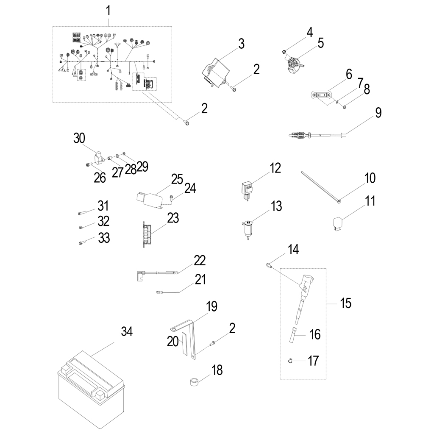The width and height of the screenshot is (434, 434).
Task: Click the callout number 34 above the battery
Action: click(x=127, y=331)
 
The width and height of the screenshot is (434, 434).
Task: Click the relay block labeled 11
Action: click(x=338, y=223)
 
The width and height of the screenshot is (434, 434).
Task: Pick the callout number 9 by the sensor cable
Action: click(x=378, y=113)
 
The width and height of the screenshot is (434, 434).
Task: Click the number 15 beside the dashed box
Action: click(x=346, y=303)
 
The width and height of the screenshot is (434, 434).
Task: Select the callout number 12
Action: click(x=275, y=168)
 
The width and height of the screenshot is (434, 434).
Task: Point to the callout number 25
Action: click(x=176, y=179)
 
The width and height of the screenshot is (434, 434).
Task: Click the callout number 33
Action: click(x=104, y=238)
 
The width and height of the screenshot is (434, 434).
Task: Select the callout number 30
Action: click(x=79, y=138)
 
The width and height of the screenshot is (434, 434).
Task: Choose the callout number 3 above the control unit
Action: click(x=241, y=44)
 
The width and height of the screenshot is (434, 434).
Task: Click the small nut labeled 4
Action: click(x=284, y=52)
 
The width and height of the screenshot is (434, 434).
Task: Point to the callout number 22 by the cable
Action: click(x=200, y=260)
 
